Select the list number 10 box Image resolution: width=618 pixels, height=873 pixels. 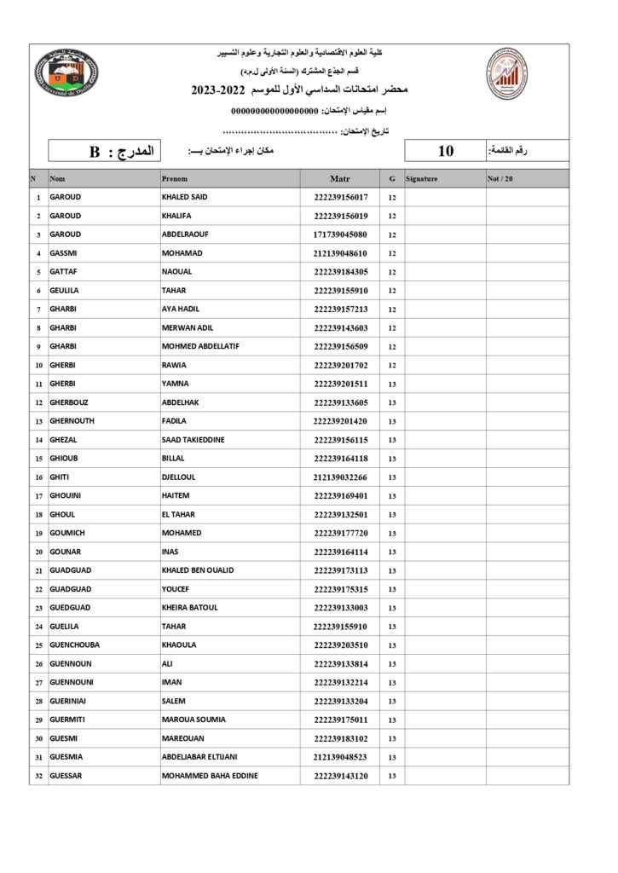click(445, 152)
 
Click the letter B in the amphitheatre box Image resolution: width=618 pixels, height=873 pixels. click(95, 153)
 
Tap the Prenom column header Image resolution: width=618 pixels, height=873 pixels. click(175, 179)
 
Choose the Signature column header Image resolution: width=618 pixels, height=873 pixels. click(422, 179)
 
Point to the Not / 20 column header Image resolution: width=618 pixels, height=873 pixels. click(500, 179)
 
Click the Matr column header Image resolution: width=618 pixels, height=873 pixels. click(340, 179)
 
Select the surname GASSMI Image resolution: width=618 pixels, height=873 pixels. click(66, 253)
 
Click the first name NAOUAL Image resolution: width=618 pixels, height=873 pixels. click(176, 272)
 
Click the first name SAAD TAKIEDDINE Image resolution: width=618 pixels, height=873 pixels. click(193, 440)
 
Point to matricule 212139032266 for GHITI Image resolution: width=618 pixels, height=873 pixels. click(340, 477)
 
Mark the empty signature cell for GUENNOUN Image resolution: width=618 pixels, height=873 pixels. click(445, 664)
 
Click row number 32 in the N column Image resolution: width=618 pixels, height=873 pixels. click(38, 776)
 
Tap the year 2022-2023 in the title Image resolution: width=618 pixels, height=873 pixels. click(221, 90)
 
